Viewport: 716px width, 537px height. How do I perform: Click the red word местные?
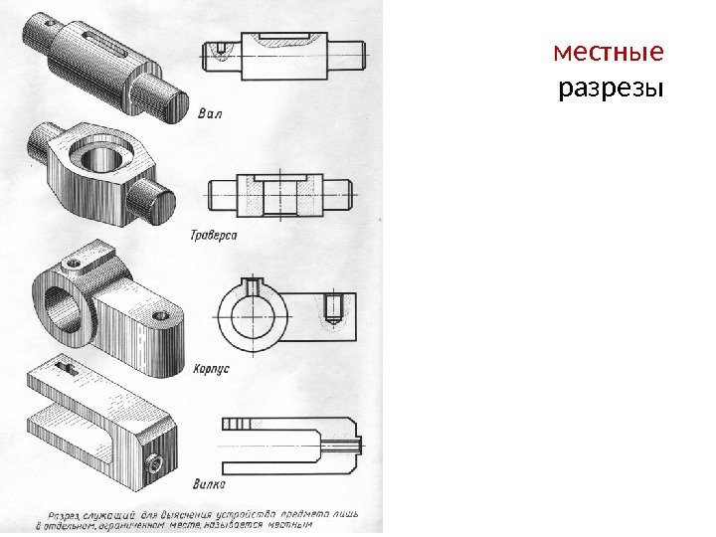(x=610, y=51)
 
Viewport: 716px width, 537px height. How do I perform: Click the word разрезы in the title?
(x=610, y=90)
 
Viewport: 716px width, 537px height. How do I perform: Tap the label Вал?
(x=210, y=112)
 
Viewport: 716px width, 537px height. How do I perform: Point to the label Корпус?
(x=210, y=367)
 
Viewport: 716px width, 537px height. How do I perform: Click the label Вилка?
(x=210, y=484)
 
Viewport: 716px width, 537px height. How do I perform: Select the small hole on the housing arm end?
(x=160, y=316)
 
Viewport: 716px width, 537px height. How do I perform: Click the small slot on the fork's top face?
(x=66, y=368)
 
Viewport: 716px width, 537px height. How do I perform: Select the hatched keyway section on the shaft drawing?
(x=288, y=40)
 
